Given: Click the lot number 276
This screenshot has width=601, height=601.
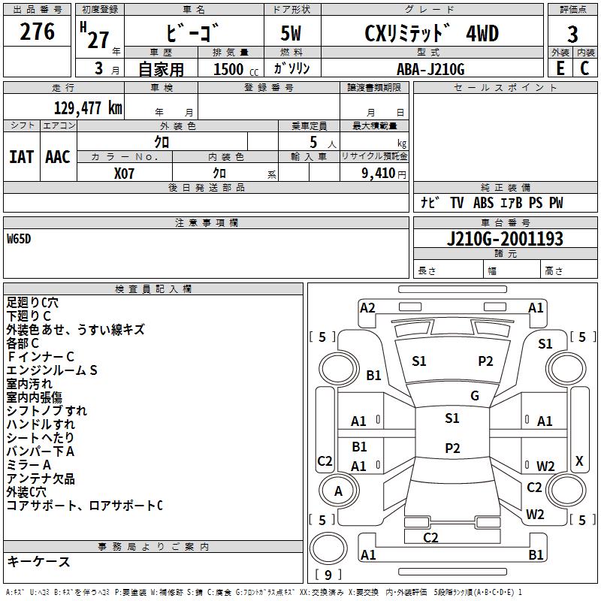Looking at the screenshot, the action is pos(37,32).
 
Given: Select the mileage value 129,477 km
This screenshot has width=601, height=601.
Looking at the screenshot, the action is pos(88,108).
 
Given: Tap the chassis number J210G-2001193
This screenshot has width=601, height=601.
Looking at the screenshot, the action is pos(505,239).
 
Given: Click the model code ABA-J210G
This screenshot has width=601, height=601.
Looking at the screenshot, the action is pos(430,69).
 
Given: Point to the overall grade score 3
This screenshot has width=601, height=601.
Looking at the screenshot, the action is pos(572,35).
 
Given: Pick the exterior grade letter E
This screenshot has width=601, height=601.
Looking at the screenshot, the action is pos(560,68).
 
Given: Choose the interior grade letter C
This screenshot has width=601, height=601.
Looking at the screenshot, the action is pos(584,68).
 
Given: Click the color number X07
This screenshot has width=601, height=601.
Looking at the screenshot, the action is pos(124,174).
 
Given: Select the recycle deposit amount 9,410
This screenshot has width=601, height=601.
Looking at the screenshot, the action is pos(379,174).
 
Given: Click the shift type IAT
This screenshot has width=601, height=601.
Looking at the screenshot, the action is pos(21,157).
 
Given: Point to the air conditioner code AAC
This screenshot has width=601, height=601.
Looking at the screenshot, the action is pos(58,157).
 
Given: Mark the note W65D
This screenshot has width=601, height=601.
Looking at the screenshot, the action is pos(19,239).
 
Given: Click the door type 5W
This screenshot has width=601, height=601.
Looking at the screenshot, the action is pos(291,34).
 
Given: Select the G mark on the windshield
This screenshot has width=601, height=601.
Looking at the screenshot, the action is pos(475,396).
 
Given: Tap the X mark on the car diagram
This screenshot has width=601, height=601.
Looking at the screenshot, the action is pos(579,461).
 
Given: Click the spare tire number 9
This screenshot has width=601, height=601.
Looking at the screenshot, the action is pos(328,575).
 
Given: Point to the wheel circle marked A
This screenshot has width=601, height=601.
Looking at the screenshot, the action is pos(339,491).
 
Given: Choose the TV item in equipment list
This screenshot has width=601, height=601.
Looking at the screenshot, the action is pos(457,202).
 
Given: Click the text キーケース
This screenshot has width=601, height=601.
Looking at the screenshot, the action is pos(39,561).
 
